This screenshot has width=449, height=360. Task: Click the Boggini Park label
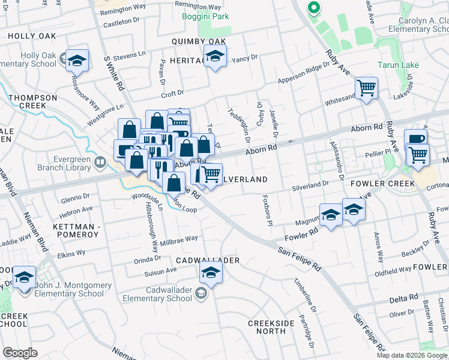point(205,16)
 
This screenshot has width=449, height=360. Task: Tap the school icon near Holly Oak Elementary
point(77,60)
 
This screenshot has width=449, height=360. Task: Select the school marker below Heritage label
point(213,56)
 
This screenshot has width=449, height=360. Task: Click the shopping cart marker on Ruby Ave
point(366,88)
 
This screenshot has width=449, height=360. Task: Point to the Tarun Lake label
point(398,65)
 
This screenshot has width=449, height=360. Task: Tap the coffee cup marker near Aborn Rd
point(415,140)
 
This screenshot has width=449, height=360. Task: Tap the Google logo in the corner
point(20,353)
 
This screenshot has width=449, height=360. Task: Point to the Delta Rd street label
point(403,298)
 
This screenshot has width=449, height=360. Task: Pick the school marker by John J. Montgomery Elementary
point(25,277)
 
